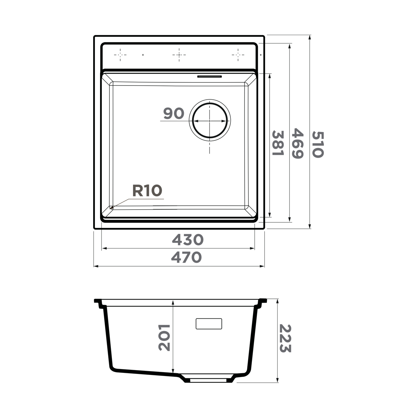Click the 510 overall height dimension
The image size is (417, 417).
[x=318, y=144]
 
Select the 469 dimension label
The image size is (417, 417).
[x=298, y=144]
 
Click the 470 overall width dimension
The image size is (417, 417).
[x=186, y=257]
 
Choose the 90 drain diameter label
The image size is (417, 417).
[x=173, y=113]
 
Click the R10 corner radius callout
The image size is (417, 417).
[x=147, y=191]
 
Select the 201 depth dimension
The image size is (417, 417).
[x=164, y=337]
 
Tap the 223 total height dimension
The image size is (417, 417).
[x=285, y=338]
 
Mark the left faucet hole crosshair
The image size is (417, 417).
[x=120, y=55]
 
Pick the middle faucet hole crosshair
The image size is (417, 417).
[x=179, y=55]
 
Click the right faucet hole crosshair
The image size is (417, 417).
[x=238, y=55]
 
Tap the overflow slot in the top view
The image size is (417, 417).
[x=209, y=76]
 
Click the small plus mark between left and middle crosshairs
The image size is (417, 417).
[x=143, y=55]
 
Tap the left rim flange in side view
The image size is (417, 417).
[x=98, y=302]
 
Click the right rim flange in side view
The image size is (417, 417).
[x=263, y=301]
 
